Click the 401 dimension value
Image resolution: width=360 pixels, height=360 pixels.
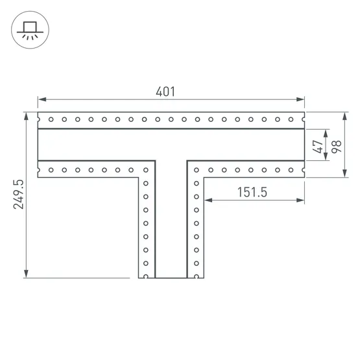(x=165, y=91)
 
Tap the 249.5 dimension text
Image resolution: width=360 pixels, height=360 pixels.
(x=19, y=194)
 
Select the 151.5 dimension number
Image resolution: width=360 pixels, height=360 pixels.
(x=252, y=192)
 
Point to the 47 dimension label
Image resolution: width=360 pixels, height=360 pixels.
(x=318, y=147)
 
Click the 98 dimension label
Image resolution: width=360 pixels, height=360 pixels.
(x=337, y=147)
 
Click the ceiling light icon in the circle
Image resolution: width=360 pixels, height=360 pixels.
(x=30, y=30)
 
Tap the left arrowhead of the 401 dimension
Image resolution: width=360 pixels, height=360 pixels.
(x=42, y=99)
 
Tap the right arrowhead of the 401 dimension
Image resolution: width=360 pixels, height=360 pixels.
(x=300, y=99)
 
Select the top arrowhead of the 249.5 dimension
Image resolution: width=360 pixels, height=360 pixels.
(x=26, y=116)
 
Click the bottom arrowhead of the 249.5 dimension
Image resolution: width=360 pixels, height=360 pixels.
(x=26, y=274)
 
